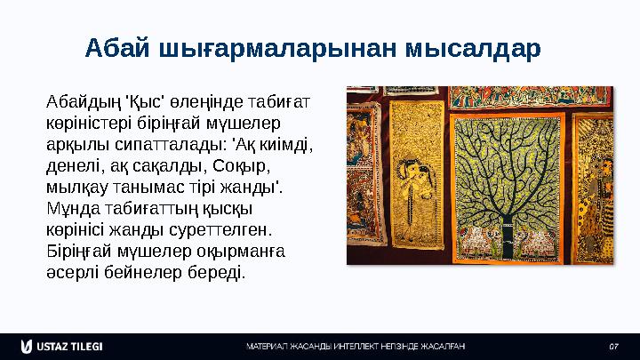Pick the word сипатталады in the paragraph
coord(151,145)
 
